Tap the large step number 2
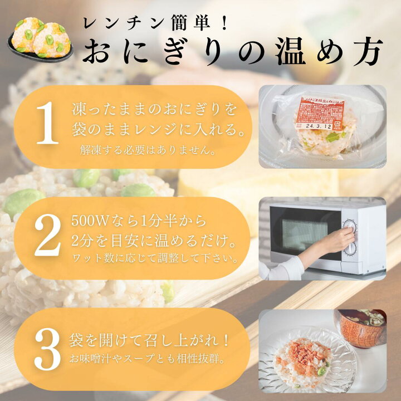[x=47, y=237]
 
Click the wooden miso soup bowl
[x=360, y=328]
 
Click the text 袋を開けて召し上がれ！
[x=150, y=339]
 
